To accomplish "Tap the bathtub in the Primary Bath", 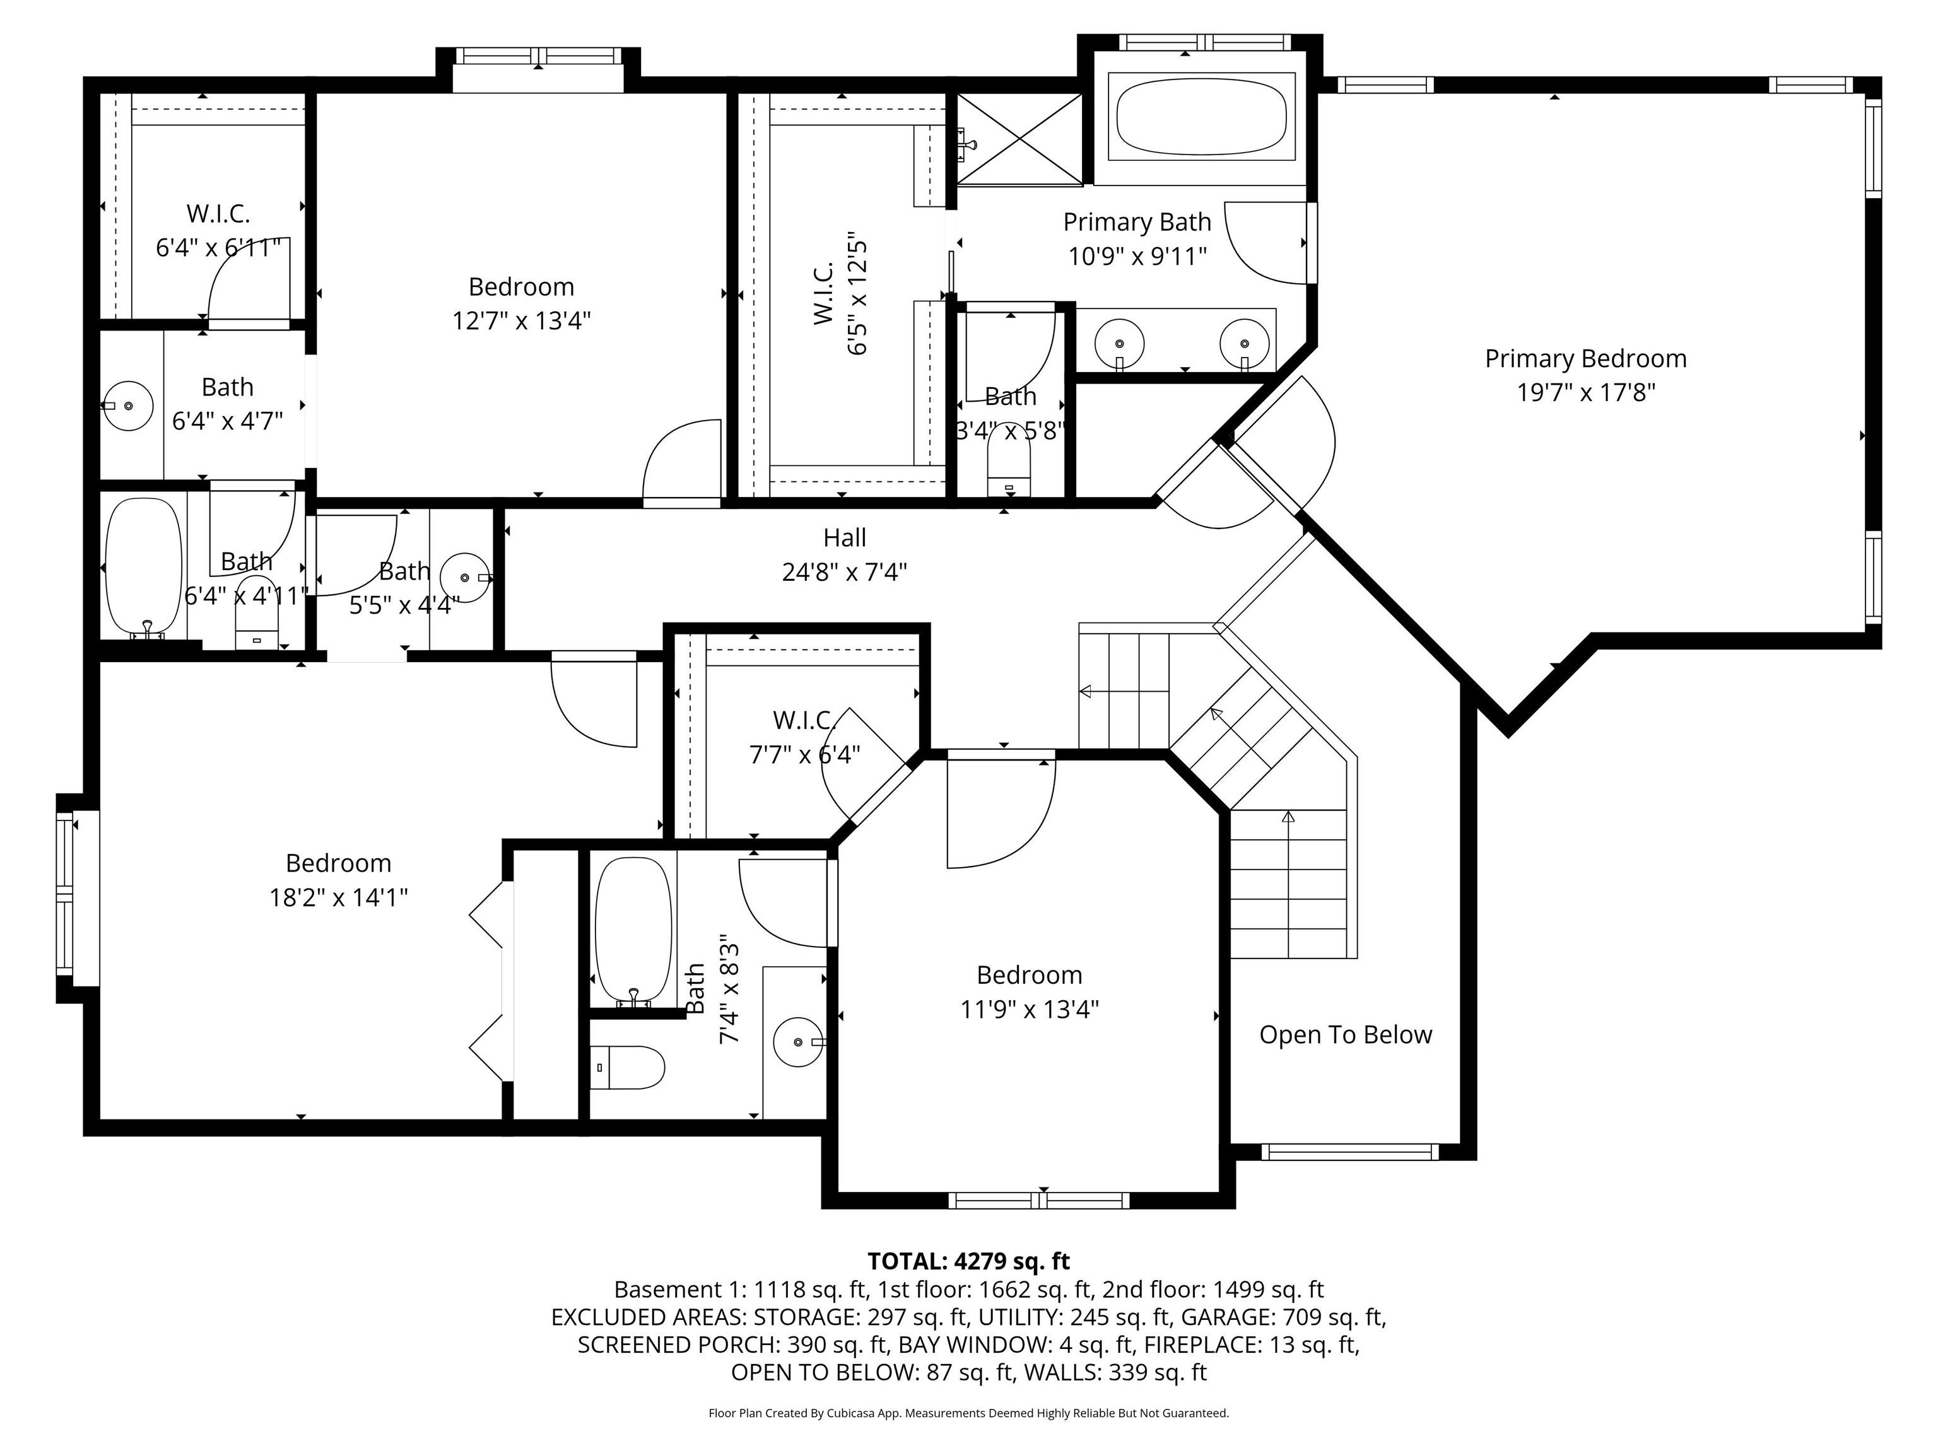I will [1201, 117].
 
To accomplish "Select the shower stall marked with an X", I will [1019, 139].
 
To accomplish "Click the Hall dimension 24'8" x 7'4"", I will [843, 573].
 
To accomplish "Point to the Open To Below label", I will [1345, 1036].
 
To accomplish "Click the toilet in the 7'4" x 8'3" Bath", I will [626, 1068].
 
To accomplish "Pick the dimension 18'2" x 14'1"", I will [338, 898].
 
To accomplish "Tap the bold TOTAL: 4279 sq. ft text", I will [968, 1261].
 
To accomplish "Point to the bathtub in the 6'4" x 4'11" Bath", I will [144, 568].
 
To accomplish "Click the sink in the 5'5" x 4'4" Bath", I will [464, 578].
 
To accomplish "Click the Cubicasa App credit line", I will [968, 1413].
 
